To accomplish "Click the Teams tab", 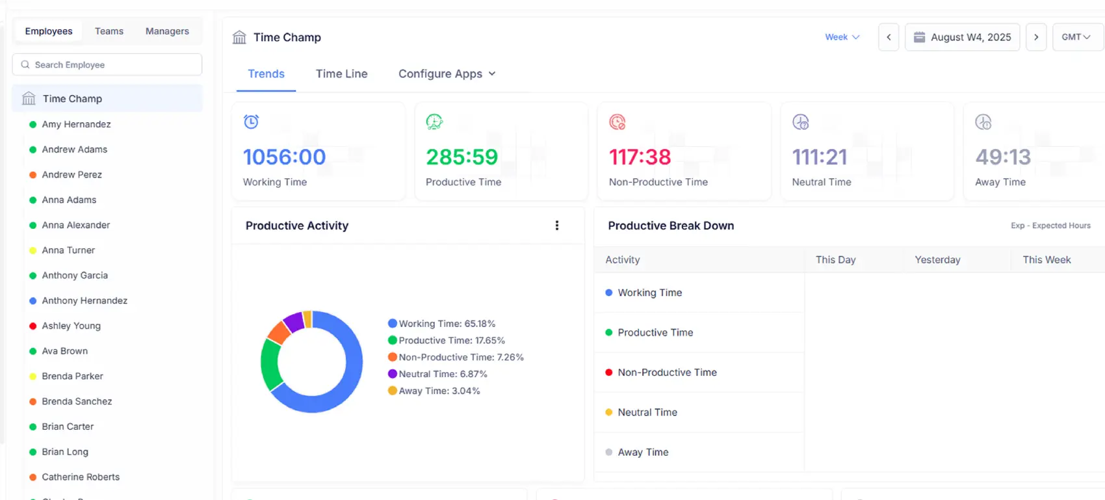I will [109, 31].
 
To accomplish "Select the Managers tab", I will [167, 31].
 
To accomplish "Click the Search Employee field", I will [107, 65].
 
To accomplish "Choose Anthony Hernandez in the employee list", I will [84, 300].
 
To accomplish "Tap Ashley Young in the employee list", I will [71, 326].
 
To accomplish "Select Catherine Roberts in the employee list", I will [81, 477].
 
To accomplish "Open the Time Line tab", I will [341, 74].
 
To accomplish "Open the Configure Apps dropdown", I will [447, 74].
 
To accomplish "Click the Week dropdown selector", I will [842, 37].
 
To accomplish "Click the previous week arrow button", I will [889, 37].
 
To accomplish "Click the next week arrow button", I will [1036, 37].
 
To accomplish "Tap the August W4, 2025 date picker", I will [962, 37].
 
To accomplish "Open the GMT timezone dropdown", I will [1076, 37].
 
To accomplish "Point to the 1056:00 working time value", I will [284, 157].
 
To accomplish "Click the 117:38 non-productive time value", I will [640, 157].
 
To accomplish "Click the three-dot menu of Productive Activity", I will [557, 226].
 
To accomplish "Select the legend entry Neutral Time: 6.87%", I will [442, 374].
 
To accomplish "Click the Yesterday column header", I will [937, 259].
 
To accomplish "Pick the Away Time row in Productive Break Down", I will [643, 452].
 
